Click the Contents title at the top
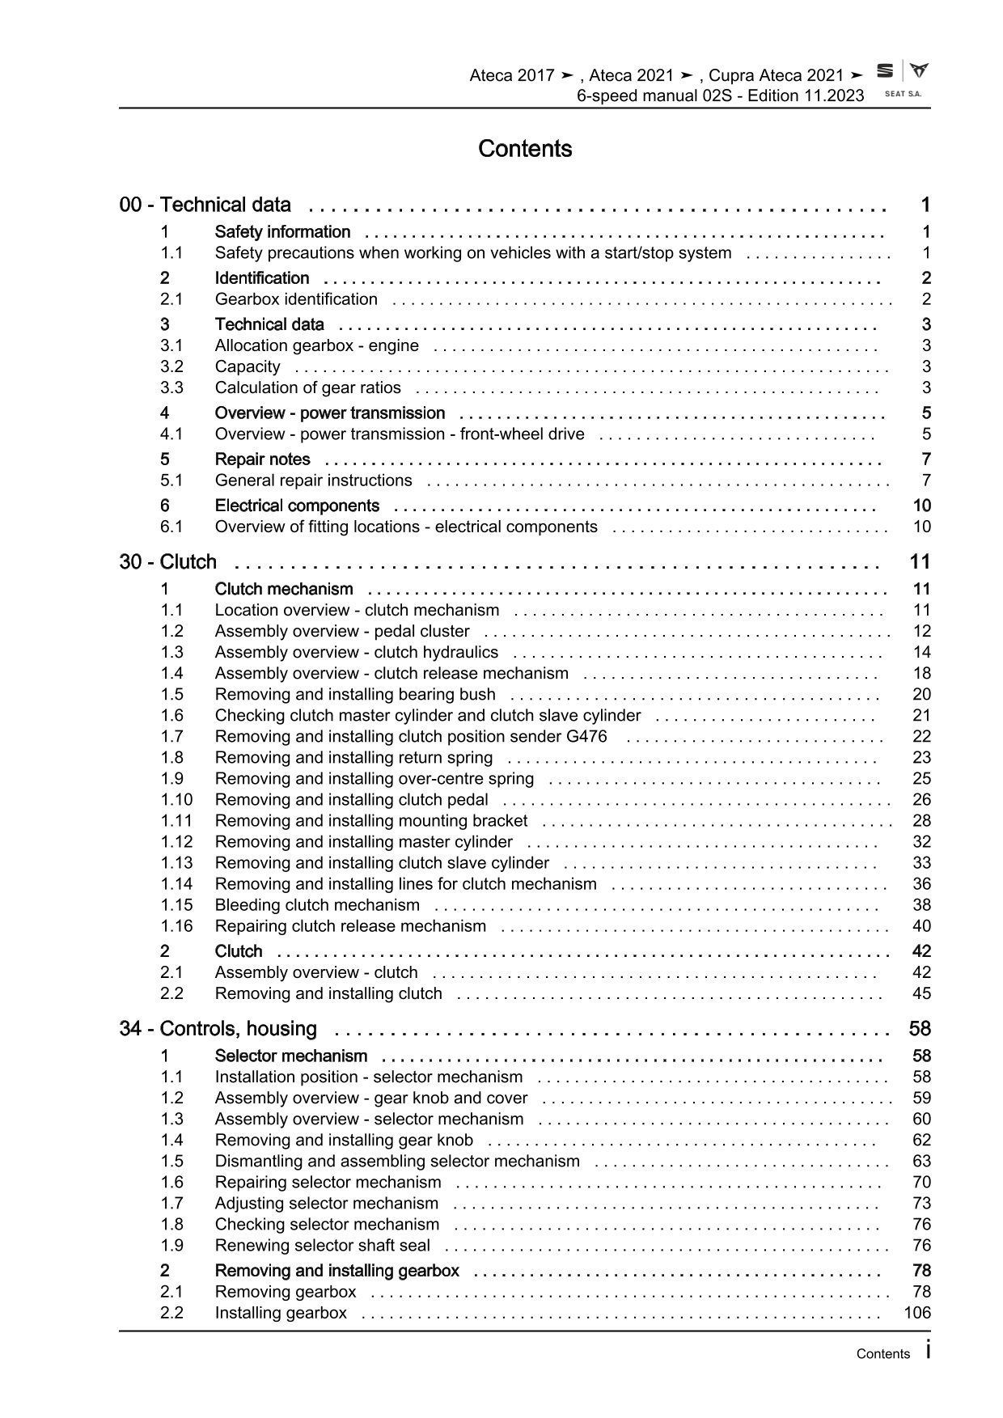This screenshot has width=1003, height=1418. pos(525,149)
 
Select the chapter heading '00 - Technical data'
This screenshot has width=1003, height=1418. pos(205,205)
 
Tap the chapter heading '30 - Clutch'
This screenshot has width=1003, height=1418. pos(167,562)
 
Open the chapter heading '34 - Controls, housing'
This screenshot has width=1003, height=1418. pos(218,1029)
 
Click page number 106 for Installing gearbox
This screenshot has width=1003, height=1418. pos(917,1313)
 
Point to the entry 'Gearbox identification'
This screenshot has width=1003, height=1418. pos(296,299)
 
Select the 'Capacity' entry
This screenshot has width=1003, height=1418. pos(248,366)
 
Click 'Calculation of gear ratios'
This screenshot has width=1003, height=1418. pos(307,387)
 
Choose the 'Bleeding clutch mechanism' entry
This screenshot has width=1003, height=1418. pos(317,905)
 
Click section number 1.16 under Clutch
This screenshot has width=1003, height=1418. pos(176,926)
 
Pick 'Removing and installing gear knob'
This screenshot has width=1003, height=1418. pos(344,1140)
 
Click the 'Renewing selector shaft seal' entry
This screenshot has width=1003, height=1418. pos(322,1246)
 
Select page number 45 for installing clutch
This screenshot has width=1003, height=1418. pos(921,993)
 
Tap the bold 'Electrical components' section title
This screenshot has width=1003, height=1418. pos(297,506)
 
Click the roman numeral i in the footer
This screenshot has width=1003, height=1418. pos(928,1351)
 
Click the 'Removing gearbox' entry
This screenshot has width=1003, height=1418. pos(285,1292)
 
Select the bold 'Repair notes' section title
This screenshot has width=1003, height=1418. pos(262,459)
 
